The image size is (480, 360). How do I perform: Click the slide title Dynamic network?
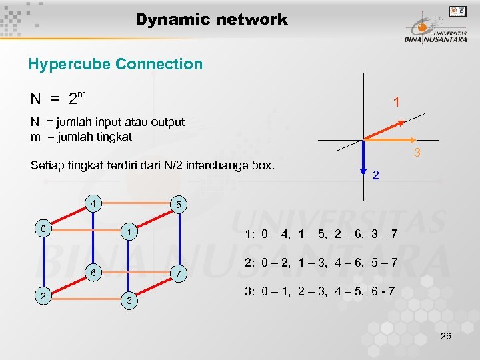tap(211, 20)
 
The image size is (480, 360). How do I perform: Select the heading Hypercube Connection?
tap(115, 65)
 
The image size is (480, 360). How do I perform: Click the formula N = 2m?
tap(58, 99)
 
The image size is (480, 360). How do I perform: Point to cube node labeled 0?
tap(43, 229)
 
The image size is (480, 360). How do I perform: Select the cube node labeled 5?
tap(177, 205)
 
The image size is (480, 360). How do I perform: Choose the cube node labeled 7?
tap(178, 274)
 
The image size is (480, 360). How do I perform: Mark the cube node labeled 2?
tap(43, 297)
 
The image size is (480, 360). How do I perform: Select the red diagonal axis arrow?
tap(385, 130)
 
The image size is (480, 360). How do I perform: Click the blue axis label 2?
tap(376, 175)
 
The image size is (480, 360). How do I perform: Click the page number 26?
tap(446, 336)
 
